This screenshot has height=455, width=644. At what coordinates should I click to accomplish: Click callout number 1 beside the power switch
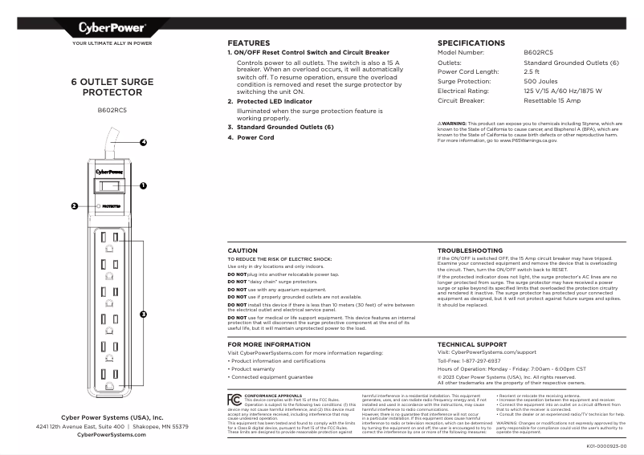[x=144, y=185]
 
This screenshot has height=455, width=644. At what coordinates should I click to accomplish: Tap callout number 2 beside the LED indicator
[x=74, y=205]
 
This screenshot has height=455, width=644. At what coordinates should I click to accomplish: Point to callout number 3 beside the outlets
[x=144, y=313]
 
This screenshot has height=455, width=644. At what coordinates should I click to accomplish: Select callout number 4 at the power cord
[x=144, y=143]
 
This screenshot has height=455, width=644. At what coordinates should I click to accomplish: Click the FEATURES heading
[x=248, y=43]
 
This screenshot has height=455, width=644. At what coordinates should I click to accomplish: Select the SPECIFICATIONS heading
[x=471, y=43]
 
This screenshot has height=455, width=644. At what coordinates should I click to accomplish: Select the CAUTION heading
[x=243, y=250]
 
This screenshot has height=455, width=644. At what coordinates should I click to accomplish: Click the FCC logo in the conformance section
[x=234, y=398]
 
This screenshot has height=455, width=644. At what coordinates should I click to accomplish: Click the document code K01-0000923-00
[x=612, y=445]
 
